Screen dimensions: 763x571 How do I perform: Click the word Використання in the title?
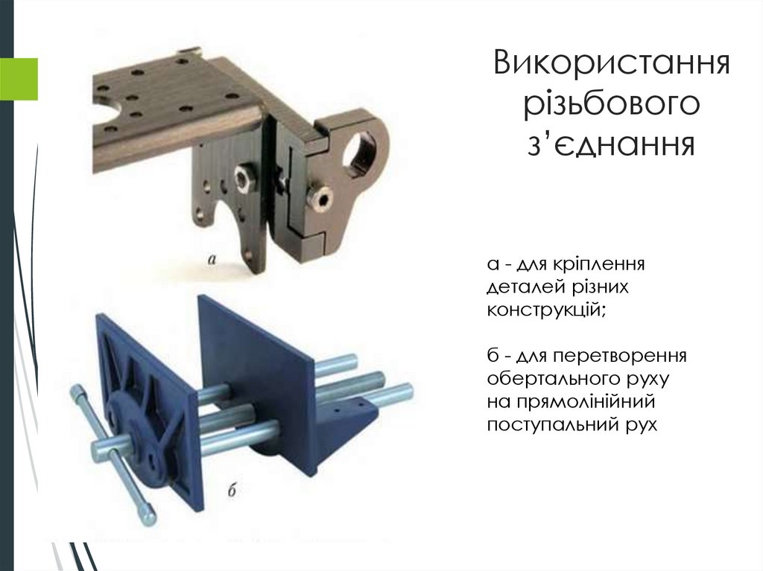(x=611, y=63)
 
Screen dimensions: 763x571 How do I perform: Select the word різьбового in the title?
(x=612, y=104)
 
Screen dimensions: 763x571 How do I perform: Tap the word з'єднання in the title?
(x=611, y=144)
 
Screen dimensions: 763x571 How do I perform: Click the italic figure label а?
(x=212, y=259)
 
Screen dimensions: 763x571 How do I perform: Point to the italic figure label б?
(x=232, y=490)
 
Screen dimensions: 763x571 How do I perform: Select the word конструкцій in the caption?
(x=546, y=310)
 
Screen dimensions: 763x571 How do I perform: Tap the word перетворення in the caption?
(x=619, y=357)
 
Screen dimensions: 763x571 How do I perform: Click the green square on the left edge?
(x=19, y=79)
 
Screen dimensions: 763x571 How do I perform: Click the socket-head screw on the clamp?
(x=323, y=199)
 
